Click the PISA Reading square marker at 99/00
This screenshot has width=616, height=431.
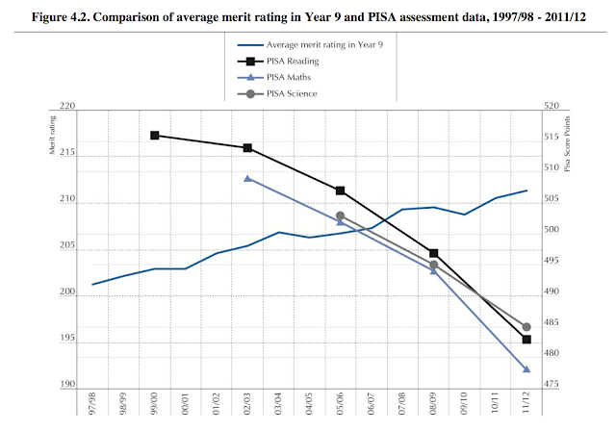click(155, 136)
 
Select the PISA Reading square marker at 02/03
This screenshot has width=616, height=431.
click(247, 148)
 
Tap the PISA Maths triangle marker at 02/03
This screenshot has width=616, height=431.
click(247, 178)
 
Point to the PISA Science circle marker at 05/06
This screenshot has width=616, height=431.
click(340, 216)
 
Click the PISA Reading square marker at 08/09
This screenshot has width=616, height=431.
click(433, 253)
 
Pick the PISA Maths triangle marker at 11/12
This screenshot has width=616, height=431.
click(526, 369)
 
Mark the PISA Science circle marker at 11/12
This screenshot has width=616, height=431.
click(526, 327)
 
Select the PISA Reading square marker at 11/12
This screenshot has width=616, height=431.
click(526, 340)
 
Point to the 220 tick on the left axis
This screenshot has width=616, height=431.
click(66, 106)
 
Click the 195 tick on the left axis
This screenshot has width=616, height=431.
click(66, 339)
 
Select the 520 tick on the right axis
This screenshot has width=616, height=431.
click(552, 106)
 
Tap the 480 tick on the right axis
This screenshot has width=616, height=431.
click(552, 353)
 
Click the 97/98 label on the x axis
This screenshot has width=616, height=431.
click(93, 408)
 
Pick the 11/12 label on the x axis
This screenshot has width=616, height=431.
click(526, 408)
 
